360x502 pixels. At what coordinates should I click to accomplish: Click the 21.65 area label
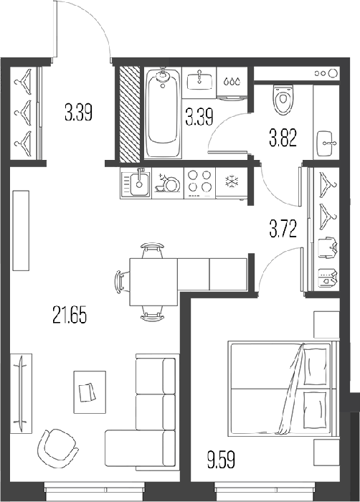(70, 315)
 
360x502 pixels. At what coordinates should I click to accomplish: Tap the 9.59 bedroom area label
(221, 460)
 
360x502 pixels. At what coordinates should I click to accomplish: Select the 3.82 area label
(283, 138)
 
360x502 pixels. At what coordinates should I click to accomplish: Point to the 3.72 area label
(283, 229)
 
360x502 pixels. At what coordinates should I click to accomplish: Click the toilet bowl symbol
(283, 99)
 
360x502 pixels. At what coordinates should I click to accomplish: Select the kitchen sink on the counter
(136, 184)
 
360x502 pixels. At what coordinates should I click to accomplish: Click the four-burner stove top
(200, 184)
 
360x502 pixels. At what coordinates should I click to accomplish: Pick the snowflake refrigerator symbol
(231, 181)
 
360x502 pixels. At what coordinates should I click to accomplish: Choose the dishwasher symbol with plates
(168, 184)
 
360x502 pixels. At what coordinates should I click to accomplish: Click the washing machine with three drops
(232, 83)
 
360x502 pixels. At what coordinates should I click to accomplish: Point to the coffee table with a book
(90, 392)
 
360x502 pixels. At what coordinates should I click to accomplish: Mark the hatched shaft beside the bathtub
(130, 113)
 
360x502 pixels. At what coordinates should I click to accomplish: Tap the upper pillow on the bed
(316, 366)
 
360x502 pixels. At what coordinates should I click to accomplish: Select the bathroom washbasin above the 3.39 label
(200, 80)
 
